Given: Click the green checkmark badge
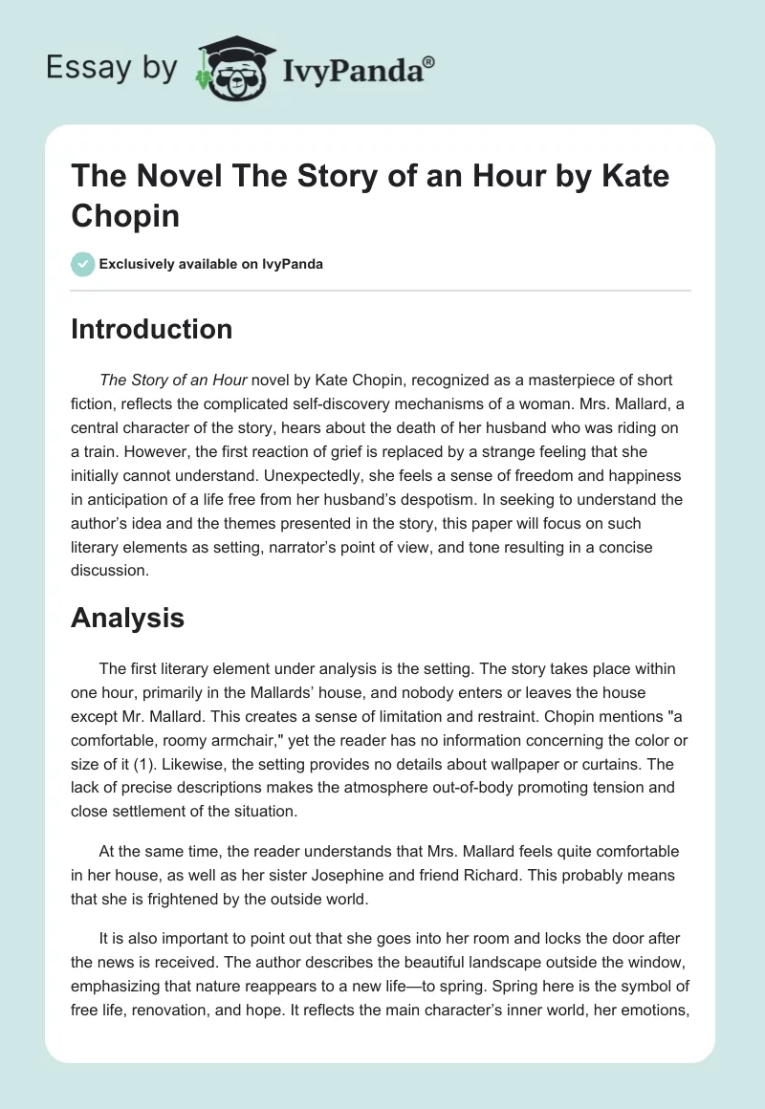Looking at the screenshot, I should coord(81,264).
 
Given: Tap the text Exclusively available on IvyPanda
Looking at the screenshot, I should coord(210,264).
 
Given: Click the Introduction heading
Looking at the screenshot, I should coord(151,329).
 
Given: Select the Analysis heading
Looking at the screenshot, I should coord(127,619).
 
